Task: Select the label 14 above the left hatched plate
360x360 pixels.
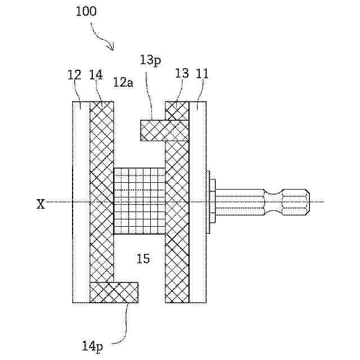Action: click(96, 75)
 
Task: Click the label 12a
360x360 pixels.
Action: click(123, 83)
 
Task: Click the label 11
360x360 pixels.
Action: click(201, 74)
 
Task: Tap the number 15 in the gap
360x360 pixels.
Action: click(143, 259)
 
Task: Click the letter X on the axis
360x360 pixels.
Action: click(41, 204)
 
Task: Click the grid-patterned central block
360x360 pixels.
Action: click(139, 201)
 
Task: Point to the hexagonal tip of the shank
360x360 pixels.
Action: click(295, 202)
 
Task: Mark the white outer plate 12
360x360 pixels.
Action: click(81, 201)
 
